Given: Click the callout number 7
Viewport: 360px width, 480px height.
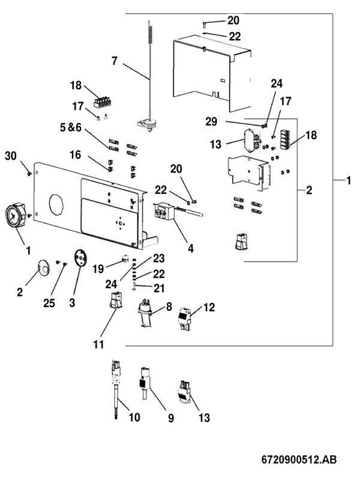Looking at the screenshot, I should (x=115, y=60).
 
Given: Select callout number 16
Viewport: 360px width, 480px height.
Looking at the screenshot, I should (x=76, y=154).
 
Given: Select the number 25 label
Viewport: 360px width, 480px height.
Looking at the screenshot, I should (x=49, y=303).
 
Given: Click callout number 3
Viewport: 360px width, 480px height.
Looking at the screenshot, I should (x=73, y=304).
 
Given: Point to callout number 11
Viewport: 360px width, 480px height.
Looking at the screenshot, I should (x=98, y=344).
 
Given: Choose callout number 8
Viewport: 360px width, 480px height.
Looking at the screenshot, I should (x=169, y=307).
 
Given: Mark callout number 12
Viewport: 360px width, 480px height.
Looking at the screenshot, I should (x=208, y=307).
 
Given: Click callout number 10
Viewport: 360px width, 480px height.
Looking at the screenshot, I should (x=134, y=417).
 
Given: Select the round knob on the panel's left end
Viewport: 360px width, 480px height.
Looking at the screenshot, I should (x=16, y=216).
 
